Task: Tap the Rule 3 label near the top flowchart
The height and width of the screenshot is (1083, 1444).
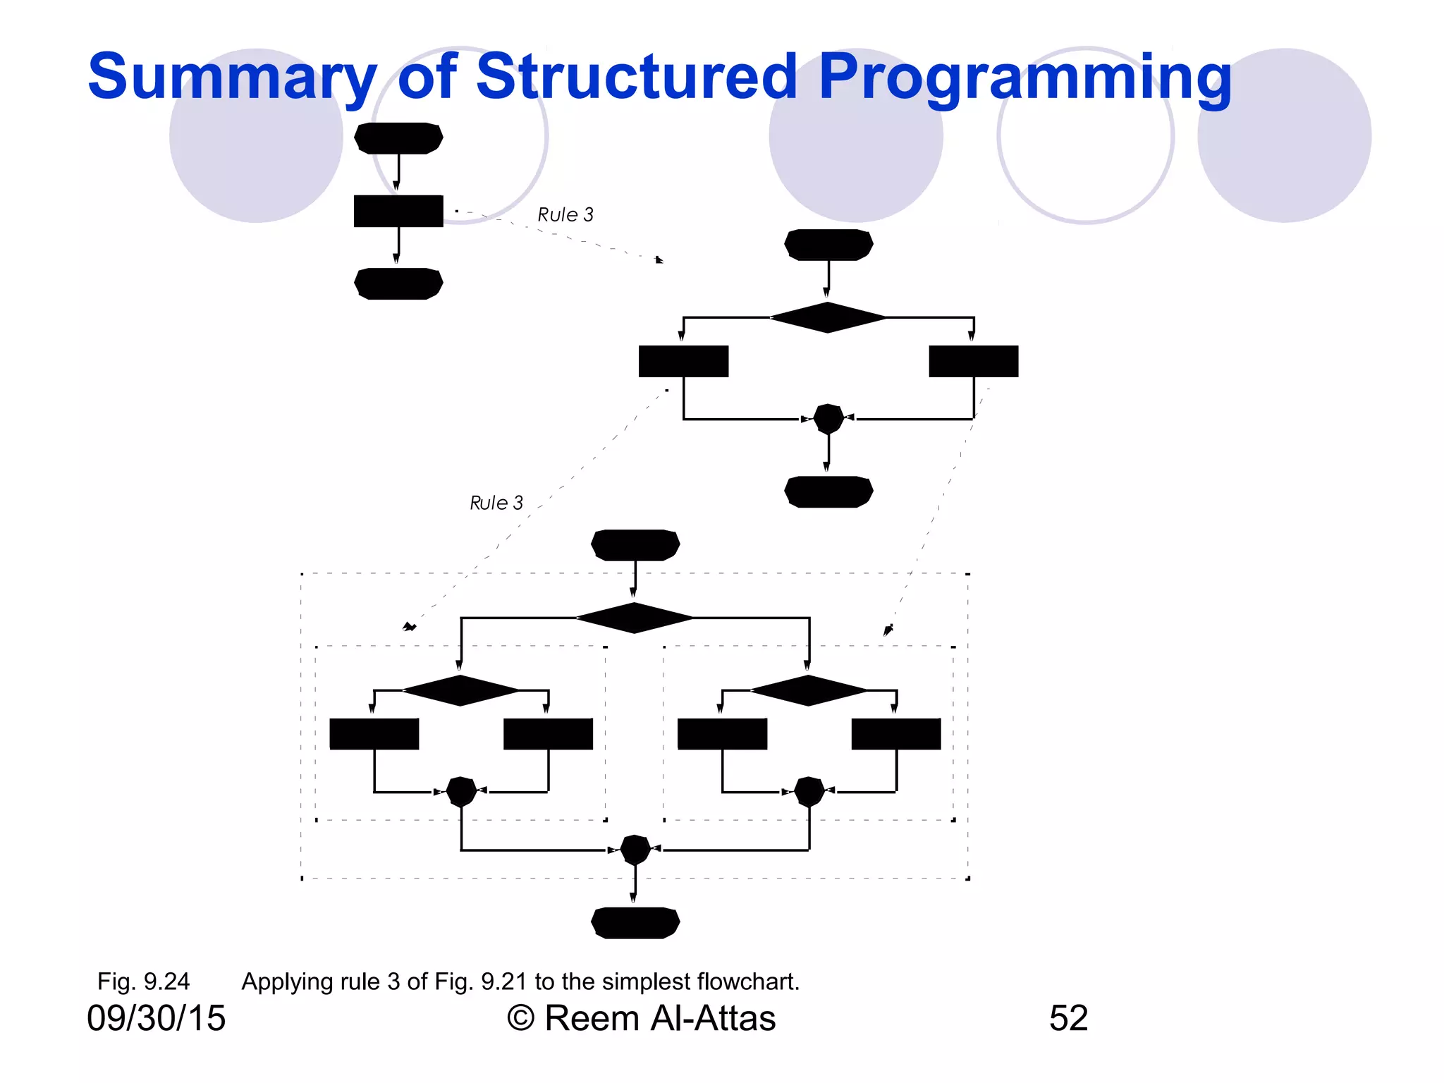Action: pos(565,215)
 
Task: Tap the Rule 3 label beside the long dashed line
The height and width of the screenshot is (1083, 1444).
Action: pos(496,503)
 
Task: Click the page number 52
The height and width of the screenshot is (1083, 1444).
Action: pos(1068,1018)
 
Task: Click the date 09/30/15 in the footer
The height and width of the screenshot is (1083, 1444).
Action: pos(156,1018)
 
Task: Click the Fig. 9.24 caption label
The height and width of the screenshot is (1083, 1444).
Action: pos(143,981)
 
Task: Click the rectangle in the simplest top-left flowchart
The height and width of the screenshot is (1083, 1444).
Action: pos(398,211)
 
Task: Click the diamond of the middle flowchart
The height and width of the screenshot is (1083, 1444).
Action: pos(828,317)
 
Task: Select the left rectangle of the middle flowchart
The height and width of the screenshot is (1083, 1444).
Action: pos(683,361)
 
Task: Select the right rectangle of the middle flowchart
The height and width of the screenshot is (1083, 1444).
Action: pos(973,361)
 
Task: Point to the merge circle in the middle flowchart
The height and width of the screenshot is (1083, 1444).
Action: pos(828,419)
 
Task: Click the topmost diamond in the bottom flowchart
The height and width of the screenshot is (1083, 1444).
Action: pos(635,618)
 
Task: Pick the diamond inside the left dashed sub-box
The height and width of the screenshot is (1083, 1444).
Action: pos(460,690)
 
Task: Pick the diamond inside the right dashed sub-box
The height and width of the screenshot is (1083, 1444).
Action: pos(809,690)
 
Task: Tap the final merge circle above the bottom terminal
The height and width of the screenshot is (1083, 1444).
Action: pos(635,850)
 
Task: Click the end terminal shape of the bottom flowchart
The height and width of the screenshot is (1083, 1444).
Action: pos(635,923)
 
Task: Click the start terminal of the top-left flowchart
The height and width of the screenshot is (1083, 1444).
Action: pos(398,138)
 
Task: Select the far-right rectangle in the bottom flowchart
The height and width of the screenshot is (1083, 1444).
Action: pos(896,734)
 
